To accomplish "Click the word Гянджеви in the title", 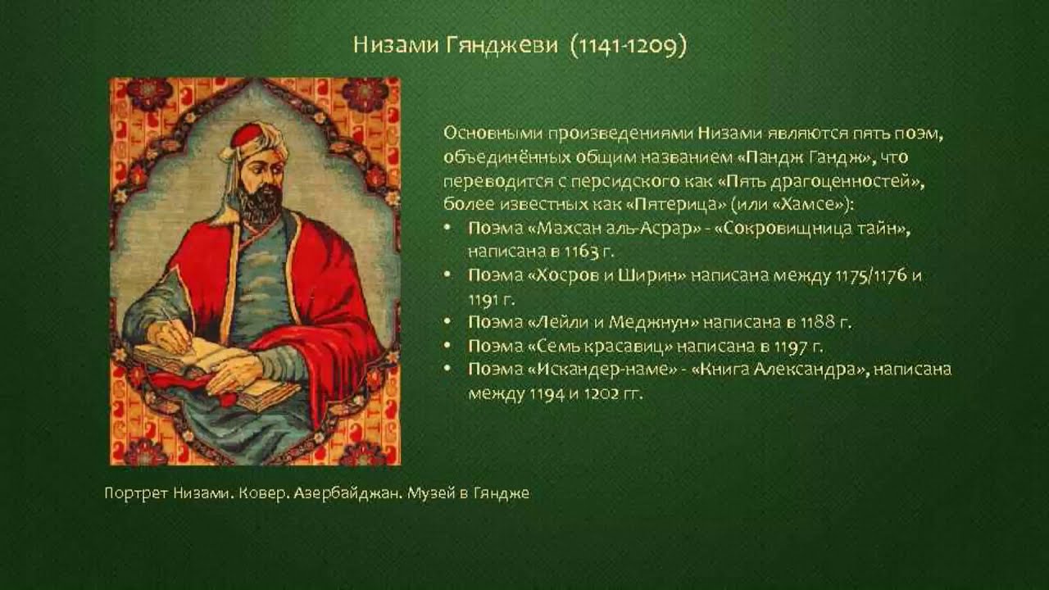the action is [x=502, y=45].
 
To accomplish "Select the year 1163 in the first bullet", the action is [x=581, y=252].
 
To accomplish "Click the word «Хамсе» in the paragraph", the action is [x=806, y=205].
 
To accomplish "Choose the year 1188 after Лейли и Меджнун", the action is [x=818, y=323].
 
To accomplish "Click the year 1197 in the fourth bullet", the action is [x=791, y=347].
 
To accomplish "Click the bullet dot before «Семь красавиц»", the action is [x=447, y=346].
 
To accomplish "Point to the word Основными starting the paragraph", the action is [x=493, y=134].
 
